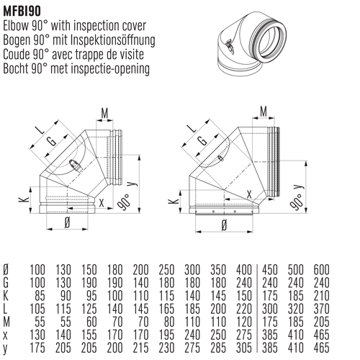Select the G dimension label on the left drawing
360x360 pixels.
pos(51,141)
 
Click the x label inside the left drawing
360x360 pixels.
pos(101,202)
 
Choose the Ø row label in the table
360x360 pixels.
pos(6,269)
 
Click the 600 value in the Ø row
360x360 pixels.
pos(321,269)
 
